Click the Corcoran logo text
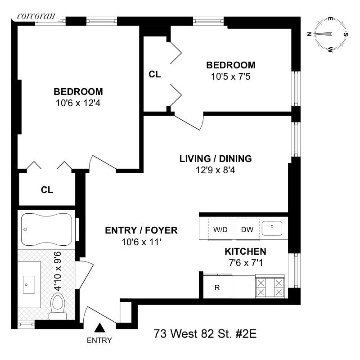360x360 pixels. pyautogui.click(x=36, y=16)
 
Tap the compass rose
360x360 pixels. pyautogui.click(x=331, y=34)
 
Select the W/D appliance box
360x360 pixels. pyautogui.click(x=220, y=229)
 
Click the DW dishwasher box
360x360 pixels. pyautogui.click(x=247, y=229)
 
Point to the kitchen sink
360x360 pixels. pyautogui.click(x=272, y=229)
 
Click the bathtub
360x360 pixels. pyautogui.click(x=46, y=229)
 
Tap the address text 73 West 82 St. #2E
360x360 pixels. pyautogui.click(x=205, y=334)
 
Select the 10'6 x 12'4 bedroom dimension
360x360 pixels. pyautogui.click(x=78, y=103)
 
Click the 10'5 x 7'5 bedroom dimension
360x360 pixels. pyautogui.click(x=230, y=76)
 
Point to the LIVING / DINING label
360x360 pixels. pyautogui.click(x=215, y=159)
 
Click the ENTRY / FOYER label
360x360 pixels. pyautogui.click(x=141, y=231)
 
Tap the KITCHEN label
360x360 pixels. pyautogui.click(x=245, y=252)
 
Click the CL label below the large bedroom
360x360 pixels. pyautogui.click(x=47, y=190)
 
